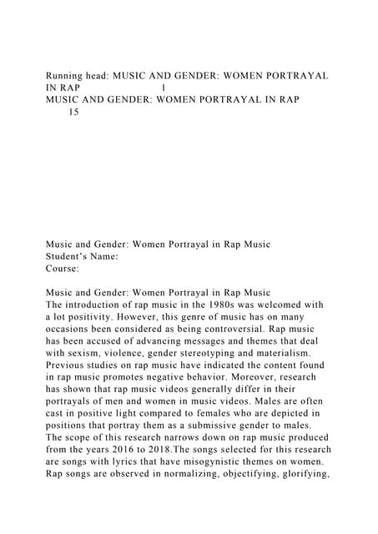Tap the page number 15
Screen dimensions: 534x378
click(x=74, y=111)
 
